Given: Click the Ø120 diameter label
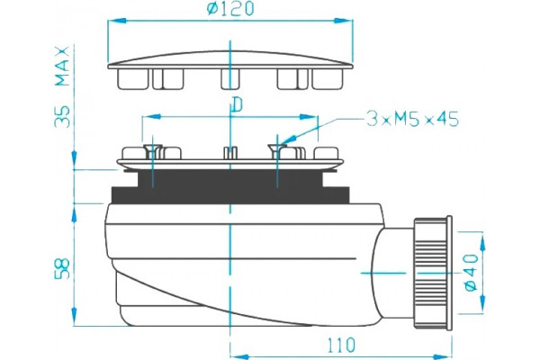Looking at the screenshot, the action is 230,9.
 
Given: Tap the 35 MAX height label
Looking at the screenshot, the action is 63,86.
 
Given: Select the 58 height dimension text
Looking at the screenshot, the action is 63,269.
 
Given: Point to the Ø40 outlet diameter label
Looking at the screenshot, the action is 471,273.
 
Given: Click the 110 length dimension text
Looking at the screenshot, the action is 340,345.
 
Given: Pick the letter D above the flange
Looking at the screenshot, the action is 238,105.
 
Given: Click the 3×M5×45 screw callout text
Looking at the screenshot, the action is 412,119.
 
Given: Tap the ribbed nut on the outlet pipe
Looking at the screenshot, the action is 430,274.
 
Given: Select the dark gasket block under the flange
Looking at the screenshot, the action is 230,186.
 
